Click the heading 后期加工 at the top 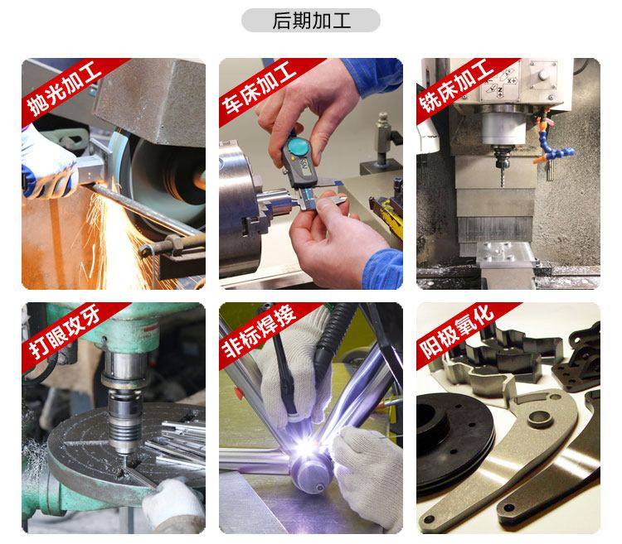coord(311,21)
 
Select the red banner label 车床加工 coord(260,89)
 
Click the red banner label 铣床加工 coord(457,86)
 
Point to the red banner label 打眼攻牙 coord(65,332)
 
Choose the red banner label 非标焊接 coord(259,331)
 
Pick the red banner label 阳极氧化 coord(457,331)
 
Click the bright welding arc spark coord(307,448)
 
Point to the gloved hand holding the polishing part coord(46,163)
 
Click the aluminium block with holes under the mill coord(506,254)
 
